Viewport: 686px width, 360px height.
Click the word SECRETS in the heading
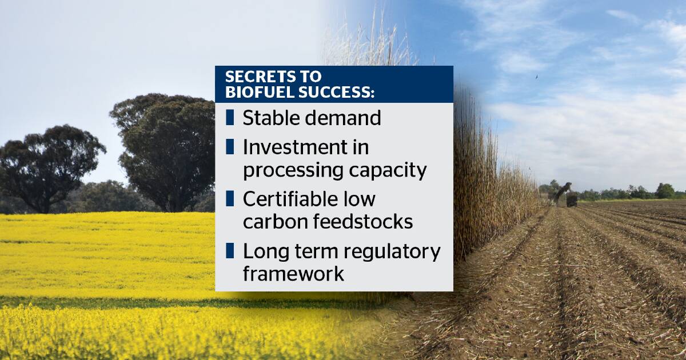260,77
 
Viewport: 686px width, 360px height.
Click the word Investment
295,147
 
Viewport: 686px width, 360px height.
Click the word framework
293,273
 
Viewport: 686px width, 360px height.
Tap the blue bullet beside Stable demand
230,118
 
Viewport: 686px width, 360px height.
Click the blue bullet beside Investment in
230,147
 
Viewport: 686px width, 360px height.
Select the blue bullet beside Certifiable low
230,198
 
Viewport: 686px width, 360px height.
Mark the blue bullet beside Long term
230,251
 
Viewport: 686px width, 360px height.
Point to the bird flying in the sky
537,77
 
